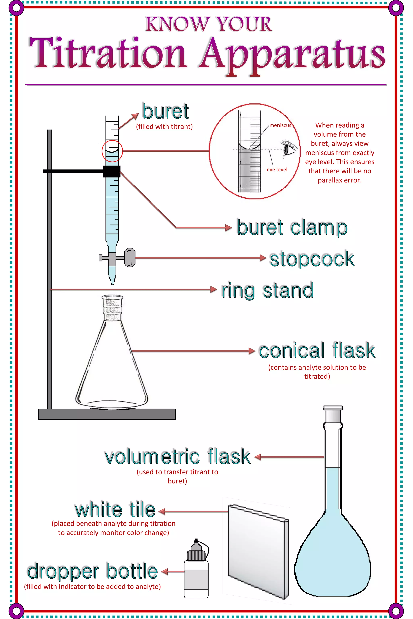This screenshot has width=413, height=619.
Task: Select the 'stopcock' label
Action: click(312, 259)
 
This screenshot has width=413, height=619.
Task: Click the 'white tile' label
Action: click(115, 510)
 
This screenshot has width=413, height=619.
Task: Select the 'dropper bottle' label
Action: click(93, 572)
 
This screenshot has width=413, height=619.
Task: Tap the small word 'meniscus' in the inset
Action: click(280, 125)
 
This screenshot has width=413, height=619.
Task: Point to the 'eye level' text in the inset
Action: click(277, 170)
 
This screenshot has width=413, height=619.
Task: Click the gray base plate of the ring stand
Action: click(107, 414)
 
